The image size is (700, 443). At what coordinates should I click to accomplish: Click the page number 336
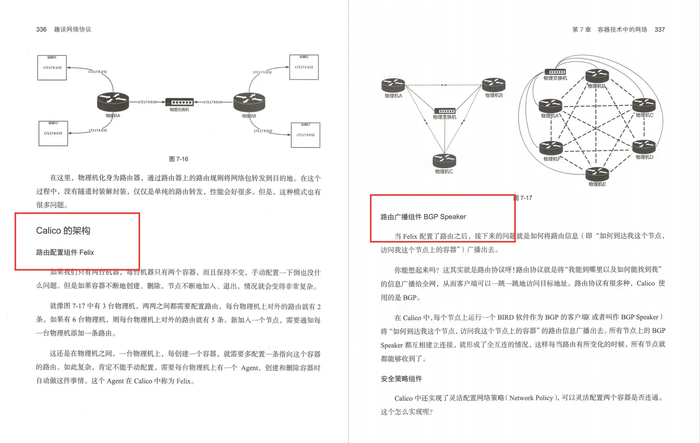42,30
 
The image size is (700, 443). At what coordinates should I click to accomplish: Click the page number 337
660,30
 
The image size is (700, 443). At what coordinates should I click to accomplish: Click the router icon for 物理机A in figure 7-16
113,101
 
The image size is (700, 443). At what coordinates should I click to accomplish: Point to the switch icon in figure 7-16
180,102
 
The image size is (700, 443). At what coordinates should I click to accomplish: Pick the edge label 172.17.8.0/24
213,102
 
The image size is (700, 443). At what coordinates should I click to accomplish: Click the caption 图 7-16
179,159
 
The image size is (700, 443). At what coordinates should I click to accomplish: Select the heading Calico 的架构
63,231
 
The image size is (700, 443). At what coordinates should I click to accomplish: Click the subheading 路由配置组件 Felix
65,253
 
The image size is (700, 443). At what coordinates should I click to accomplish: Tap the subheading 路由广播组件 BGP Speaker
423,217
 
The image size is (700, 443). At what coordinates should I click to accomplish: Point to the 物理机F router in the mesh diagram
551,148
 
